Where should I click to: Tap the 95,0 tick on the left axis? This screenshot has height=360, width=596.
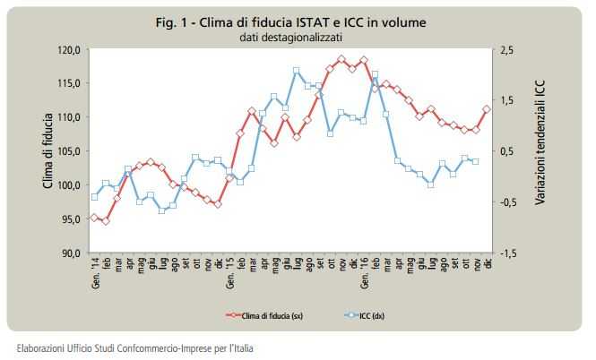coord(71,219)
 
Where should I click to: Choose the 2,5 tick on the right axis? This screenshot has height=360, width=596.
coord(507,49)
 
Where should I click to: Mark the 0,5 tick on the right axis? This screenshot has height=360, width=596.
coord(507,151)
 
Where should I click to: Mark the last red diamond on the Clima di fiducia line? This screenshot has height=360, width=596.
coord(488,109)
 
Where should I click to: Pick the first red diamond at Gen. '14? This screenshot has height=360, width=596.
coord(94,218)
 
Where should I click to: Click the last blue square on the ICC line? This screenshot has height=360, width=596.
coord(476,161)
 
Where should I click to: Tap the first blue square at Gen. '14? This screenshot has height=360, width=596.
coord(94,197)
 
